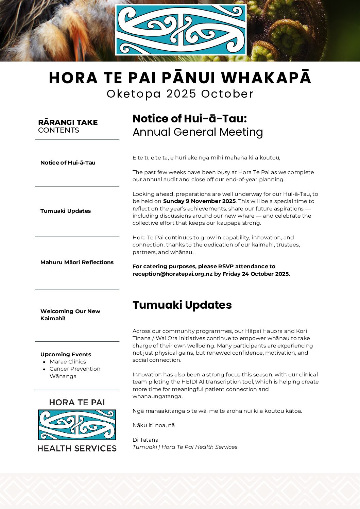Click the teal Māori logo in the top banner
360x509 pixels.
pos(181,30)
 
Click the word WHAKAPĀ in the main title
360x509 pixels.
pos(266,78)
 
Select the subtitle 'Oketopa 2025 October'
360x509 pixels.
pos(180,94)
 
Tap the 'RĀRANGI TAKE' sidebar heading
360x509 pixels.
pos(68,122)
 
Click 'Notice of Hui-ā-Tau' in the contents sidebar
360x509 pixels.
pos(68,163)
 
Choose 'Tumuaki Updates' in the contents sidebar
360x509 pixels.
pos(66,211)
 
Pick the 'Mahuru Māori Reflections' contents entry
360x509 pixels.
pos(77,262)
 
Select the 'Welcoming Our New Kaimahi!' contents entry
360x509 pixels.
pos(70,315)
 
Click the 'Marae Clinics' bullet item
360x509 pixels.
pos(68,361)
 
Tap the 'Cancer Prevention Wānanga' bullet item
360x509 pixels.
pos(75,372)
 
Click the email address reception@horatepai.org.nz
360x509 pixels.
pos(172,274)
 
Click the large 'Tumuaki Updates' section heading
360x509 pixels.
pos(182,305)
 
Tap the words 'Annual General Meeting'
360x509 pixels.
pos(198,132)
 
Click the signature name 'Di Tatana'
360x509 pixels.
pos(145,440)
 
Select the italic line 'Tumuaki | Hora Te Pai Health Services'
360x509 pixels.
pos(185,447)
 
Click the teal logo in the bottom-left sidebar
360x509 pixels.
pos(77,425)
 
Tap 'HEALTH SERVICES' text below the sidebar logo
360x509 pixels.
pos(77,448)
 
